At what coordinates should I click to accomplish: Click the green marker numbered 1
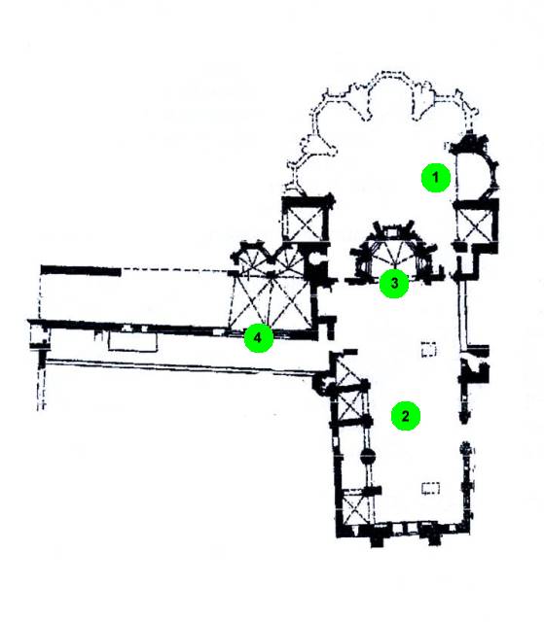(x=436, y=177)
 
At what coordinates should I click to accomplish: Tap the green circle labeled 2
(x=406, y=416)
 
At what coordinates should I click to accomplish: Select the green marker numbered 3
(x=394, y=283)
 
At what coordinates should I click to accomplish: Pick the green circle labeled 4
(x=259, y=337)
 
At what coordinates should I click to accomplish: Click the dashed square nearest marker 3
(x=428, y=350)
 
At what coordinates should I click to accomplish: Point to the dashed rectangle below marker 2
(x=430, y=488)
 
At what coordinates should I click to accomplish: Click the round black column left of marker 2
(x=368, y=456)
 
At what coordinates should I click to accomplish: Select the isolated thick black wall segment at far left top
(x=81, y=270)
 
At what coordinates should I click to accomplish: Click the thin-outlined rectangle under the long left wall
(x=133, y=341)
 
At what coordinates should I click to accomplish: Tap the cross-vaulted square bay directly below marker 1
(x=475, y=225)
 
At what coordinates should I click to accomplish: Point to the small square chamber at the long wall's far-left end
(x=40, y=334)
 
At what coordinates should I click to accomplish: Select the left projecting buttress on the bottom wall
(x=380, y=538)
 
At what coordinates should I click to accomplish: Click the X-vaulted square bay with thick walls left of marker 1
(x=307, y=218)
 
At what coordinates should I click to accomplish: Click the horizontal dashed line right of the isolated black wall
(x=175, y=269)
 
